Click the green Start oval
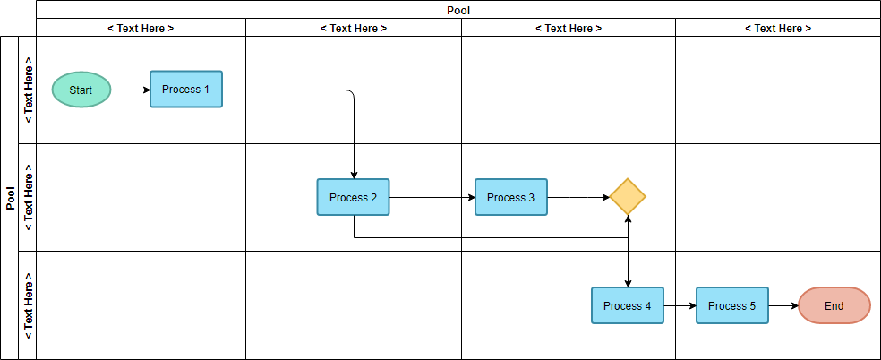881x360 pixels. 81,90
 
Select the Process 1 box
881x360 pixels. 185,90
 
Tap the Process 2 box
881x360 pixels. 353,197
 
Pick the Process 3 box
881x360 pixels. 510,197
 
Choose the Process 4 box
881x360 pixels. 627,305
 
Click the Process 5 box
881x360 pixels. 731,305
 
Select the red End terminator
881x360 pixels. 834,305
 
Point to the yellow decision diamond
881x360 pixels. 628,197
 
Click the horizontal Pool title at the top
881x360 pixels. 458,11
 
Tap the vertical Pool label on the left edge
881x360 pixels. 11,198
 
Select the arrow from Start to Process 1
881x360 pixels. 130,90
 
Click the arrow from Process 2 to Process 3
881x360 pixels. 432,197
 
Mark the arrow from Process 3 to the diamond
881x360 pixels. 577,197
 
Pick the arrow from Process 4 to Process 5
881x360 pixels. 680,305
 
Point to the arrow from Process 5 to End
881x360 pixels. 783,305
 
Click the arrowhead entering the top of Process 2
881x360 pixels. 355,174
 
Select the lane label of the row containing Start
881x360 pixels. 28,90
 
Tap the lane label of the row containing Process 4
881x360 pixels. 28,305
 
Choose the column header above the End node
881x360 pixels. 777,28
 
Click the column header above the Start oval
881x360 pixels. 141,28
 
